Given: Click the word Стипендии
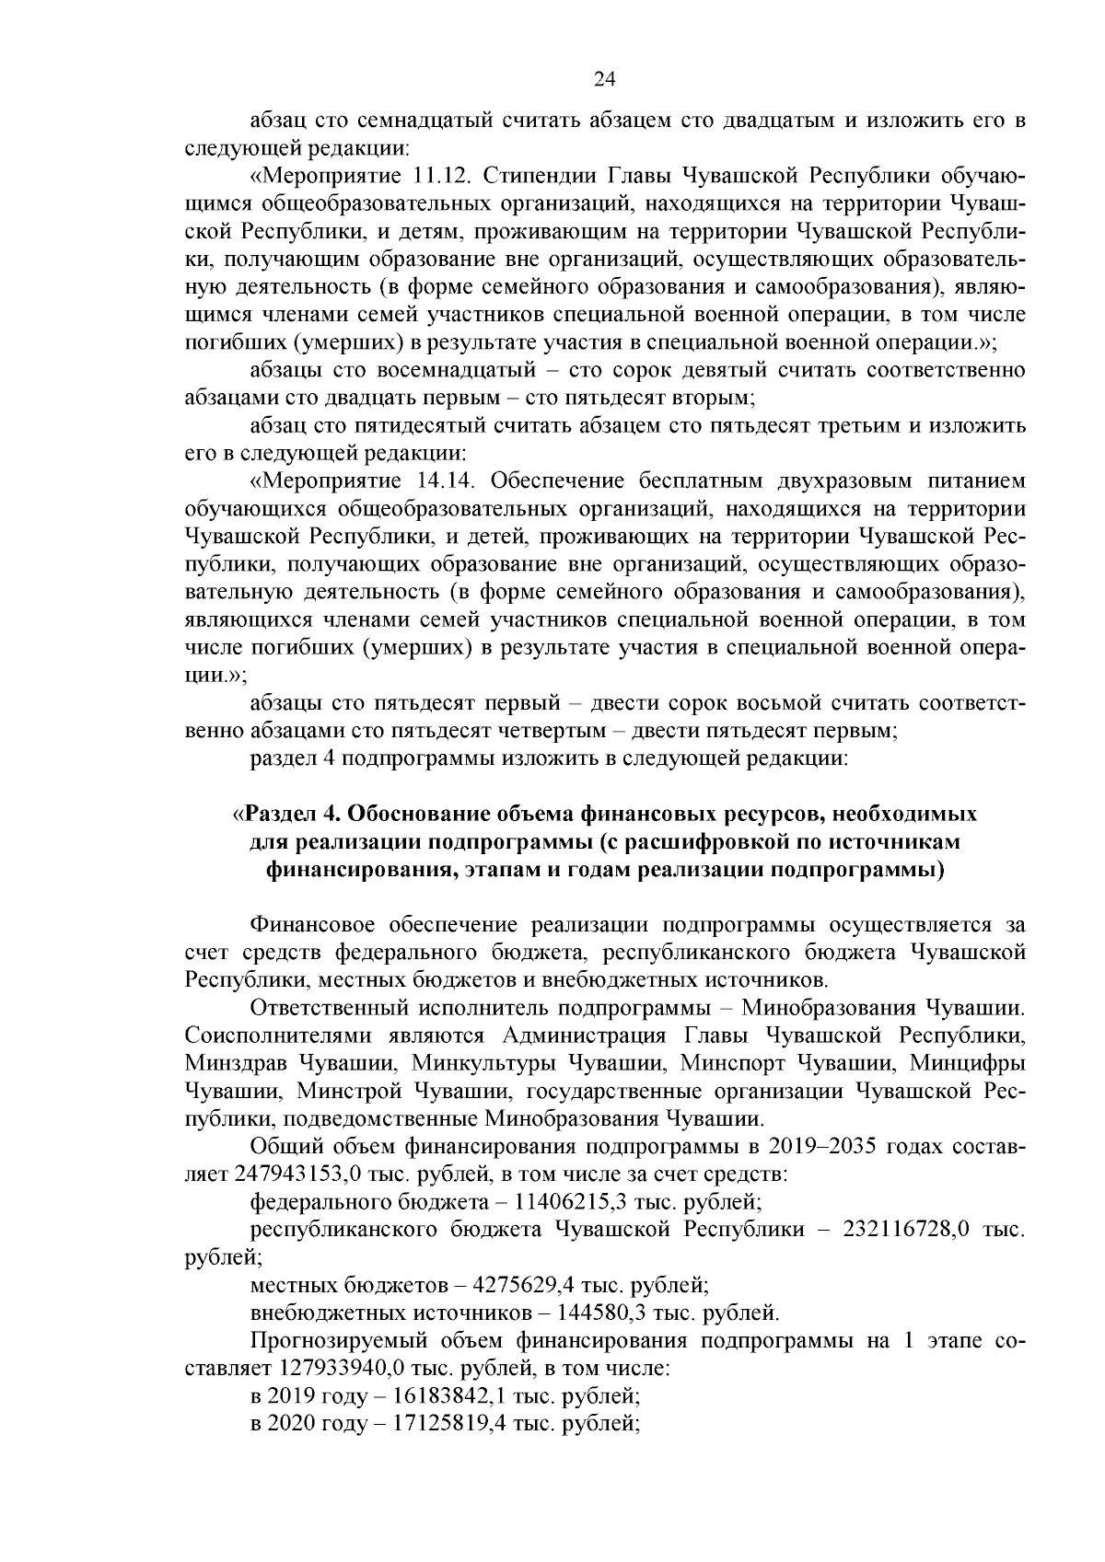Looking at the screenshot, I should (x=535, y=176).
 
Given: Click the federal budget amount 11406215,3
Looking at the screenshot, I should (x=567, y=1201).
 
